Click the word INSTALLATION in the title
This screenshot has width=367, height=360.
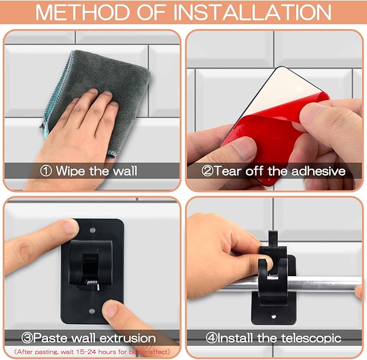(252, 12)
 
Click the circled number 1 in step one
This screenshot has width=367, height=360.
(46, 171)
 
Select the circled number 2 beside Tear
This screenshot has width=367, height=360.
(208, 171)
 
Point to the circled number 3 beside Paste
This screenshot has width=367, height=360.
(27, 338)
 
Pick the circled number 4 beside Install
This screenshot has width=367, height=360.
(211, 338)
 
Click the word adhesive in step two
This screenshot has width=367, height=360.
(318, 171)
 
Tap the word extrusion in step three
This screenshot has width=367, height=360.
(128, 338)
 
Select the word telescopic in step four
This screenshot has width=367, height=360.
(311, 338)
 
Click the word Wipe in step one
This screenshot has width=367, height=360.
(71, 171)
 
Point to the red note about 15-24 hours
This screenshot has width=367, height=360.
(92, 351)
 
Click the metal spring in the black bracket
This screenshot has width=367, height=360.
(93, 284)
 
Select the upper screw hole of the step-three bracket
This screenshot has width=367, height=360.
(92, 230)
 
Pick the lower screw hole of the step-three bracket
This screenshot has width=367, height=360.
(92, 311)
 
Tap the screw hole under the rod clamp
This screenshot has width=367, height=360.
(273, 316)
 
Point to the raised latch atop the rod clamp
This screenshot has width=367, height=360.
(273, 239)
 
